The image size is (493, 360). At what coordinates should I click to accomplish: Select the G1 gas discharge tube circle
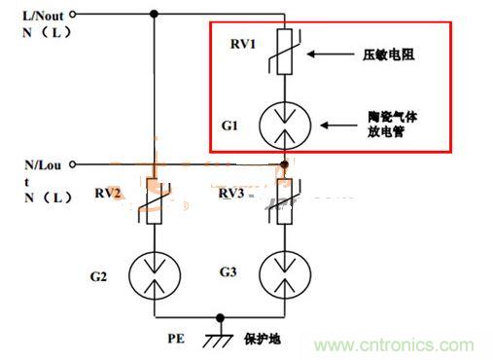(x=284, y=126)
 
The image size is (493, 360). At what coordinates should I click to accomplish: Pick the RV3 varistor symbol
(x=284, y=202)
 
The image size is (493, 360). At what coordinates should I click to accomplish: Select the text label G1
(x=229, y=126)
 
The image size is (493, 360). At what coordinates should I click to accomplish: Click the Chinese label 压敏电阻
(x=389, y=55)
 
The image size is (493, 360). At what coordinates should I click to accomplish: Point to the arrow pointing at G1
(x=340, y=124)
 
